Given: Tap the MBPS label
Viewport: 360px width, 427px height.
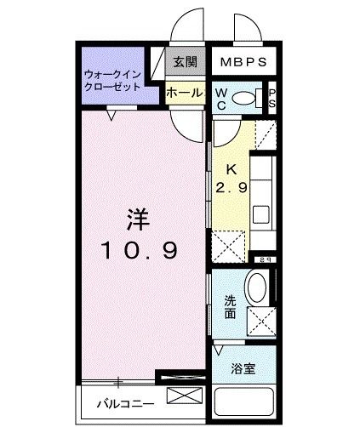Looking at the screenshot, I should click(244, 62).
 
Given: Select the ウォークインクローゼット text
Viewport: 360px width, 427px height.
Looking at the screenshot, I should click(113, 82).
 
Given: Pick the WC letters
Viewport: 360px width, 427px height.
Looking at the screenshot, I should click(220, 99).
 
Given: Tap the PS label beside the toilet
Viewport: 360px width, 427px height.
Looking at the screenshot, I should click(272, 99).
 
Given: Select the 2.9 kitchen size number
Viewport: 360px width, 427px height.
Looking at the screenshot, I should click(230, 189).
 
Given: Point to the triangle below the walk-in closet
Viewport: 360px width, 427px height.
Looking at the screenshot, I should click(111, 111).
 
